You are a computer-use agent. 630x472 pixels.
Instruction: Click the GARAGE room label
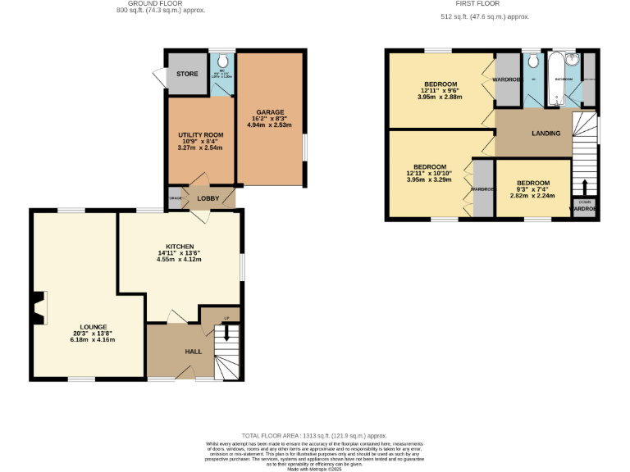(x=269, y=112)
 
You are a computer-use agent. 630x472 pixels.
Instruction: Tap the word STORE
(x=187, y=75)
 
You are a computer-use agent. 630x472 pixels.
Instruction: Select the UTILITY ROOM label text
(x=201, y=135)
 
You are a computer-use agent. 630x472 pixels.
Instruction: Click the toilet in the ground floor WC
(x=221, y=61)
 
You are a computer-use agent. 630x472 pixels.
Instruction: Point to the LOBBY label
(x=208, y=197)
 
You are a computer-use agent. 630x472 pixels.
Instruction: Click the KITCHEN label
(x=180, y=246)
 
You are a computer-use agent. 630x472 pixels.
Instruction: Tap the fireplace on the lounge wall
(x=38, y=309)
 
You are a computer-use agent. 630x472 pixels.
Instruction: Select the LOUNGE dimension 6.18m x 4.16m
(x=86, y=339)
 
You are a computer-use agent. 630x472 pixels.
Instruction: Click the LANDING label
(x=546, y=134)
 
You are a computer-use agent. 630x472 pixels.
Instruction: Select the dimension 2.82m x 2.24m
(x=532, y=196)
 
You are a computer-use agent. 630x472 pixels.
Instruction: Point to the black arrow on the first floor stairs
(x=584, y=186)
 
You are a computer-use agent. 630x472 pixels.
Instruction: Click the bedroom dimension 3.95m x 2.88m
(x=440, y=98)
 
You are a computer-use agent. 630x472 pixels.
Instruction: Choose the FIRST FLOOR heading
(x=472, y=4)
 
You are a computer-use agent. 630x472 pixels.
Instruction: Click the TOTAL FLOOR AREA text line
(x=314, y=436)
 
